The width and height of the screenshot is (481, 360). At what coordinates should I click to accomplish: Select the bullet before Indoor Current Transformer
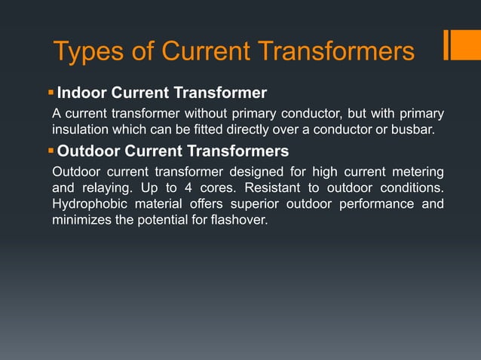(x=51, y=93)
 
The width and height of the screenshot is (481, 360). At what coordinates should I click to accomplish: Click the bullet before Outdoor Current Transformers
(x=51, y=151)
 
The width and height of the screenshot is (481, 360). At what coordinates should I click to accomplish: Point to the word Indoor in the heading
(x=83, y=94)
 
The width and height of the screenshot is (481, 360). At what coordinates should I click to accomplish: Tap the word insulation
(x=81, y=130)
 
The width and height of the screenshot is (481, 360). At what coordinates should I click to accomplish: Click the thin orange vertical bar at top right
(x=447, y=44)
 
